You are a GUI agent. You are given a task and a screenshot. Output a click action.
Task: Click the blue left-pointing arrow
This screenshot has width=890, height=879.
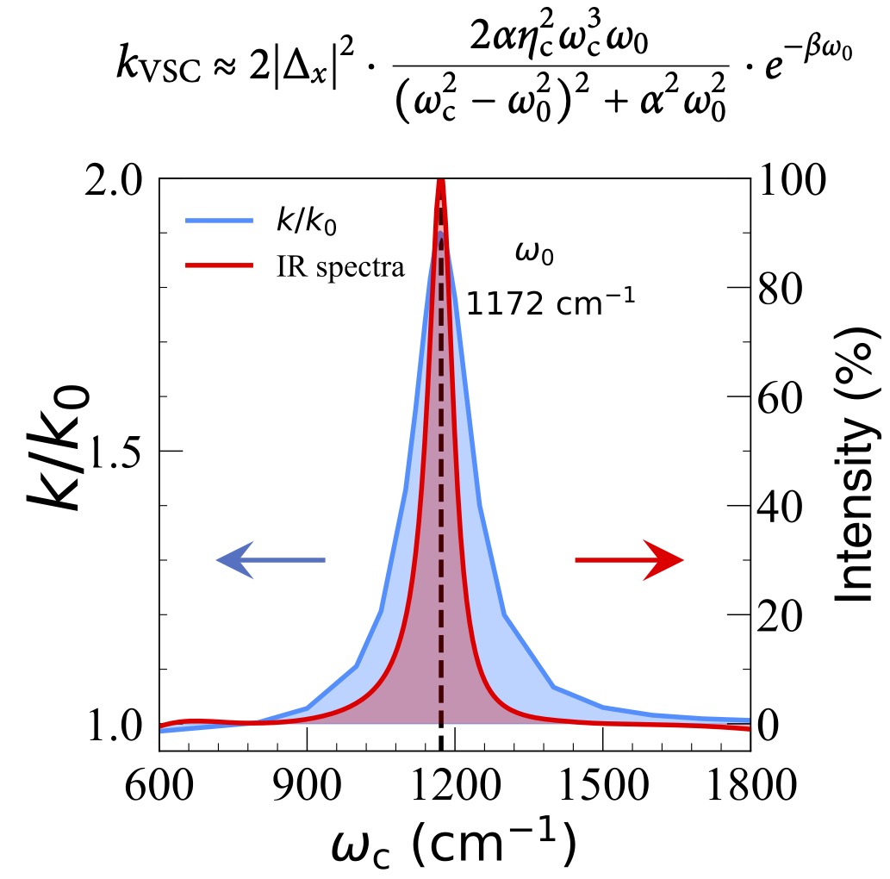coord(270,560)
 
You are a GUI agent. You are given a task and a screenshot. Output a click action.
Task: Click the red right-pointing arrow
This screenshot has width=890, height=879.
coord(629,560)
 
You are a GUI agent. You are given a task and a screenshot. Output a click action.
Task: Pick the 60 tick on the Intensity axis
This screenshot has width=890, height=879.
coord(782,397)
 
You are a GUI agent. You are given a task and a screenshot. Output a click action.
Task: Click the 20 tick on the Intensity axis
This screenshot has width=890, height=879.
coord(782,615)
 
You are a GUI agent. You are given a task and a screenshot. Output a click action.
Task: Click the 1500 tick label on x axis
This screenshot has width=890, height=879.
coord(602,787)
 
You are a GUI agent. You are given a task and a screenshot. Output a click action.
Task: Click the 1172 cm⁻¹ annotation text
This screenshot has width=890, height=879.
coord(551,303)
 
